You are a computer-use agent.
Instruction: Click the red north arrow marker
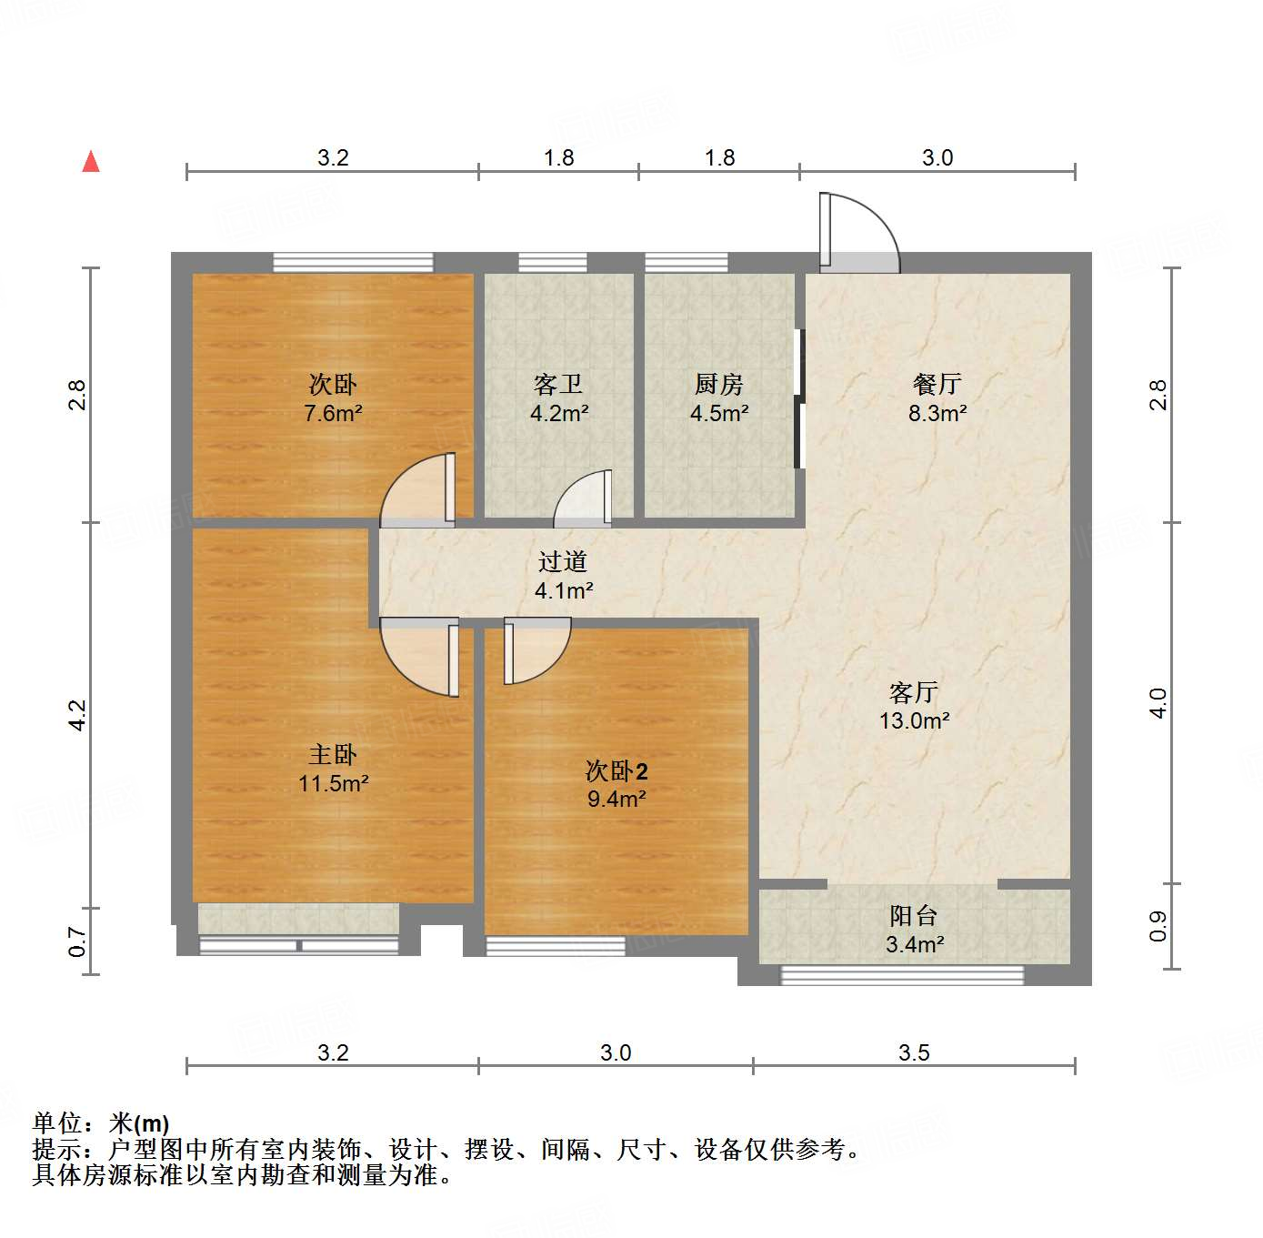coord(91,162)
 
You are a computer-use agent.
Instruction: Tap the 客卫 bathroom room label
coord(558,385)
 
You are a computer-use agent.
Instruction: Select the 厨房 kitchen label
coord(719,385)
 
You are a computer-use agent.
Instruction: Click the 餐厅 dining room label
coord(937,384)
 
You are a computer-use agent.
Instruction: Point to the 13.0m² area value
coord(914,721)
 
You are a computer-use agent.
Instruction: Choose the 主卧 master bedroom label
coord(333,754)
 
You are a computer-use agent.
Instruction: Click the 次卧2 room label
coord(616,771)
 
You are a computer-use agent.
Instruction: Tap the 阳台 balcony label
coord(914,916)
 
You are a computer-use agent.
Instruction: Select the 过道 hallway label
coord(563,562)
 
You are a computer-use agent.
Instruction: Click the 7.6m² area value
coord(333,414)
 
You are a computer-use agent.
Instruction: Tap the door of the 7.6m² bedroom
coord(418,491)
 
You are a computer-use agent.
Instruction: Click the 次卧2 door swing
coord(536,649)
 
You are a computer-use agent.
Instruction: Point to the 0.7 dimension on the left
coord(77,941)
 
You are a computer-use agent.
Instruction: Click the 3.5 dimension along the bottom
coord(914,1052)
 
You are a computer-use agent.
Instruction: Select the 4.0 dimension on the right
coord(1158,703)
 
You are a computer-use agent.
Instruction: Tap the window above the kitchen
coord(687,263)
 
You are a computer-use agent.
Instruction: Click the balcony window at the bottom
coord(902,975)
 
